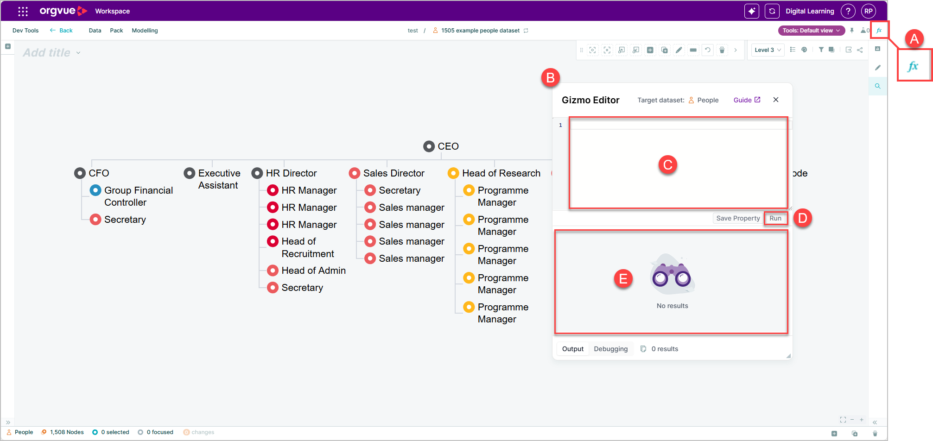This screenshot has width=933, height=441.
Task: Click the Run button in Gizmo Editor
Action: [775, 218]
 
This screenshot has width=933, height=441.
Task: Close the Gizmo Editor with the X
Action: [776, 100]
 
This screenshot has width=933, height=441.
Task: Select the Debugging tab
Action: [611, 349]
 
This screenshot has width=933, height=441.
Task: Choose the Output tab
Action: [573, 349]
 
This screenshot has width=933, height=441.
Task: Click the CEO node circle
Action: [429, 146]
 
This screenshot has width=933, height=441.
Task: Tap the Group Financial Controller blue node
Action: [95, 190]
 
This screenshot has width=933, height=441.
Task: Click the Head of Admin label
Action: [314, 271]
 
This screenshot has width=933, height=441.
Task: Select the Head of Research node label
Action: [501, 173]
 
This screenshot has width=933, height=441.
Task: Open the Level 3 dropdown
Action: [768, 50]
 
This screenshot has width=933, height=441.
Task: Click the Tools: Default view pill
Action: [811, 31]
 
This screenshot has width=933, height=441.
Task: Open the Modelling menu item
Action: [145, 31]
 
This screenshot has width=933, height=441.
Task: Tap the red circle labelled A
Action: [914, 38]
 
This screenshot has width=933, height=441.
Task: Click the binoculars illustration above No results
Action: [672, 274]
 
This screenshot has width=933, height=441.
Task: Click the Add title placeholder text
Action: [47, 53]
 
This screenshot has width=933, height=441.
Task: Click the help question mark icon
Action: [848, 11]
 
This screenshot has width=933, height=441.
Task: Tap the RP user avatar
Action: [868, 11]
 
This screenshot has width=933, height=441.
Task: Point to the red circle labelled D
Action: [803, 218]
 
